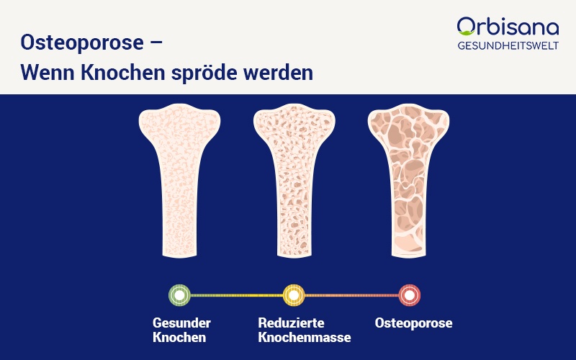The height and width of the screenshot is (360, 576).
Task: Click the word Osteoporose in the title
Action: [82, 42]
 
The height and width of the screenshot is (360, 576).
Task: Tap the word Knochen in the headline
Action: [122, 73]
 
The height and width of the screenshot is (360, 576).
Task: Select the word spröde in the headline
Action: [204, 73]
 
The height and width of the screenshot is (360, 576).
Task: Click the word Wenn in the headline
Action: [48, 73]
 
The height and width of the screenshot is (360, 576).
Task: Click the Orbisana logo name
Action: [508, 27]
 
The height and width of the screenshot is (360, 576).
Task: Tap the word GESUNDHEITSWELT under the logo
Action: [508, 45]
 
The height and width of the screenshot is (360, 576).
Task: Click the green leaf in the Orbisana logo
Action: [466, 32]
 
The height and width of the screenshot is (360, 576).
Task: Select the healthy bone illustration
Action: [179, 181]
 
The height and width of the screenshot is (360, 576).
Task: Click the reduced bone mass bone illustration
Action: [294, 181]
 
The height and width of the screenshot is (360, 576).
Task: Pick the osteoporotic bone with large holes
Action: [408, 181]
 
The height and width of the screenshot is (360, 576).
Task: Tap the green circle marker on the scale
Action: [179, 295]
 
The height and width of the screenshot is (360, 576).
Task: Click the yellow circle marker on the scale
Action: [294, 295]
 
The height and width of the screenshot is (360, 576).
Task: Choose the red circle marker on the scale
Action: [410, 295]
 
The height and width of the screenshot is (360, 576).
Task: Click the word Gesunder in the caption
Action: [182, 323]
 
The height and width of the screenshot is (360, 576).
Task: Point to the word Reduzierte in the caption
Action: [292, 323]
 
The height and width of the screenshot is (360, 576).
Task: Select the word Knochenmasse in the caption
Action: [305, 337]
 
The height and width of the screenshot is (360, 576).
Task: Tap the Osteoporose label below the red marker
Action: [413, 323]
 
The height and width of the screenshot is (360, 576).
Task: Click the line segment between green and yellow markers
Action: [237, 295]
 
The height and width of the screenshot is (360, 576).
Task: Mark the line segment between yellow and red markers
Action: [352, 295]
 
